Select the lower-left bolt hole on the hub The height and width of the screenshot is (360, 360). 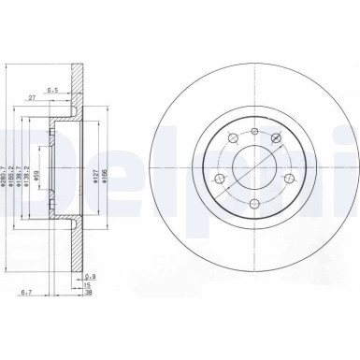[x=219, y=179]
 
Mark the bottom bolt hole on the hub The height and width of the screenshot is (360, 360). [x=252, y=204]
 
